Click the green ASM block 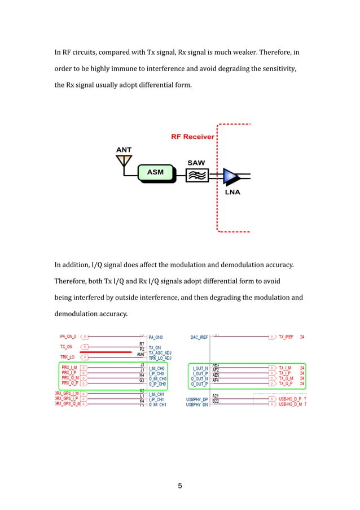tap(155, 171)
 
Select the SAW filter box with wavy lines tap(196, 176)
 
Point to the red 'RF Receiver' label tap(192, 137)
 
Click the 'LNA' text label tap(232, 192)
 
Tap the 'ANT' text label tap(124, 150)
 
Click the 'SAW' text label tap(196, 163)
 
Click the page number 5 tap(180, 485)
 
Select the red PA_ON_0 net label tap(68, 336)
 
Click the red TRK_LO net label tap(67, 357)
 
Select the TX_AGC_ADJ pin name tap(160, 353)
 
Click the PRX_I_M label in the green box tap(70, 367)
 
